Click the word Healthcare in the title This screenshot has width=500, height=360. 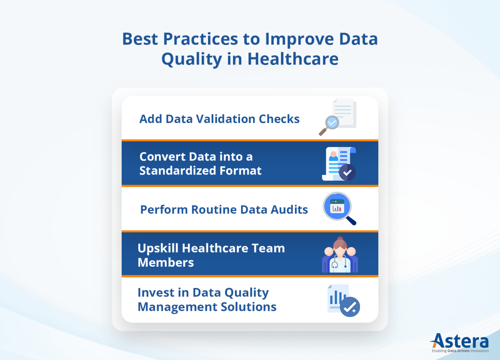click(x=292, y=59)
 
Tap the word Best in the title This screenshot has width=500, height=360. click(x=140, y=39)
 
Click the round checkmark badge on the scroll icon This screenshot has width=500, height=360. click(x=347, y=172)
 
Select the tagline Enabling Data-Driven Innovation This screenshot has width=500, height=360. click(x=459, y=351)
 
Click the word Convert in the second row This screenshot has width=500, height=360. click(x=162, y=157)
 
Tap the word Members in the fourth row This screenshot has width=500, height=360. click(x=165, y=262)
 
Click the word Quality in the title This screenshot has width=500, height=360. click(x=192, y=59)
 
